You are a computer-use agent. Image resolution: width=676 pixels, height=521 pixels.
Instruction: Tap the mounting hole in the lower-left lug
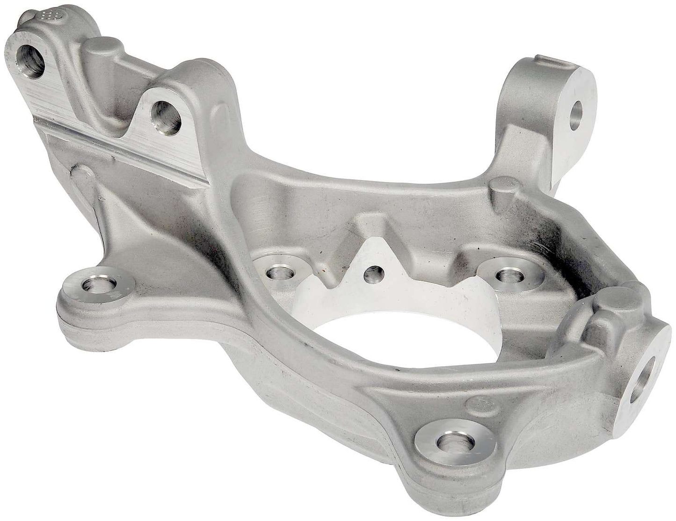pyautogui.click(x=94, y=284)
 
